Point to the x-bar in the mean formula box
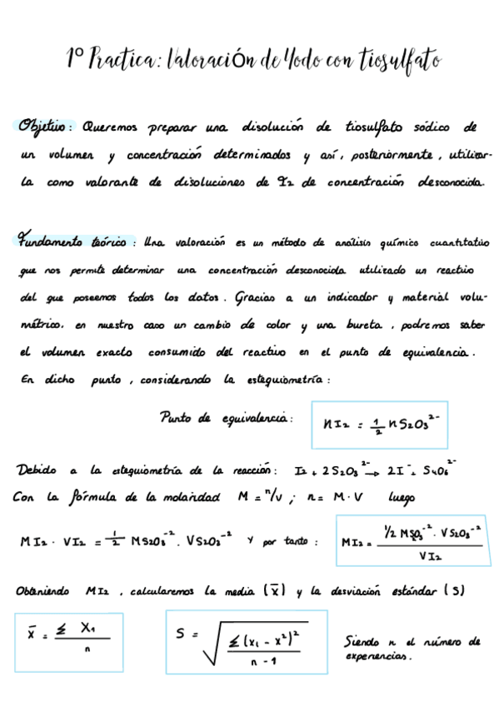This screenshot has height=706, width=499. tap(32, 635)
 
